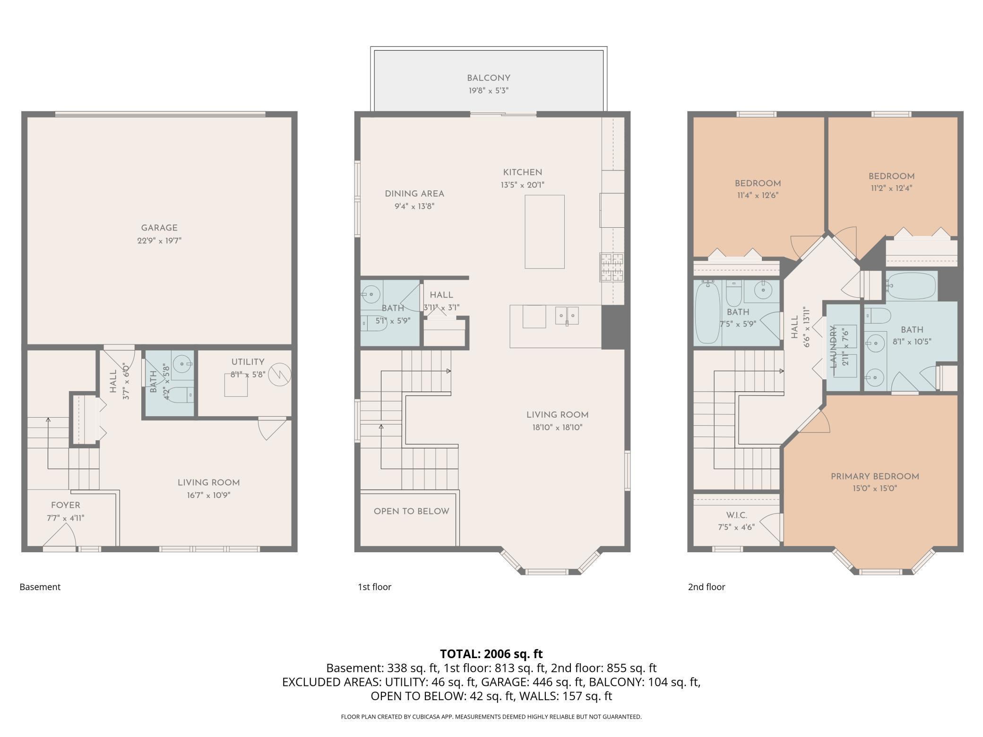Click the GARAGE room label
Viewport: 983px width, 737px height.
point(159,228)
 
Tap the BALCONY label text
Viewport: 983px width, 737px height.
point(489,78)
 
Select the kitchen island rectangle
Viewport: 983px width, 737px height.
point(544,231)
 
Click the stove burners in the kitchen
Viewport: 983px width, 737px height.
point(612,267)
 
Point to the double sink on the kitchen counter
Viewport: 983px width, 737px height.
point(567,316)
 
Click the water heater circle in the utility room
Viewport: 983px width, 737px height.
point(279,374)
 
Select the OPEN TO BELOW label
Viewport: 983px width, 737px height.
point(411,511)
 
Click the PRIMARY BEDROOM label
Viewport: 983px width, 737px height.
point(875,476)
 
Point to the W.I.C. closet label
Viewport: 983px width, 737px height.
point(736,515)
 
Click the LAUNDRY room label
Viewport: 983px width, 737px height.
point(833,346)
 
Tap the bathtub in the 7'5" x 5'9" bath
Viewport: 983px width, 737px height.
point(707,312)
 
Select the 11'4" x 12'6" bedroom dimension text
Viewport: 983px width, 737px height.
point(758,195)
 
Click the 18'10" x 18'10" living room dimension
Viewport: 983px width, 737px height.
point(557,428)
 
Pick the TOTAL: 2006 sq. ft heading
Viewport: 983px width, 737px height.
point(491,654)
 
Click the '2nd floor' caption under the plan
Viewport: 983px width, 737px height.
point(706,587)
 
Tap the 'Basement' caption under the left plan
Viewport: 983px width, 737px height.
point(40,587)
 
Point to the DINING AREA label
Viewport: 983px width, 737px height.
point(414,194)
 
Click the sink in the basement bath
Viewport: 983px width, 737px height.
point(182,364)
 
